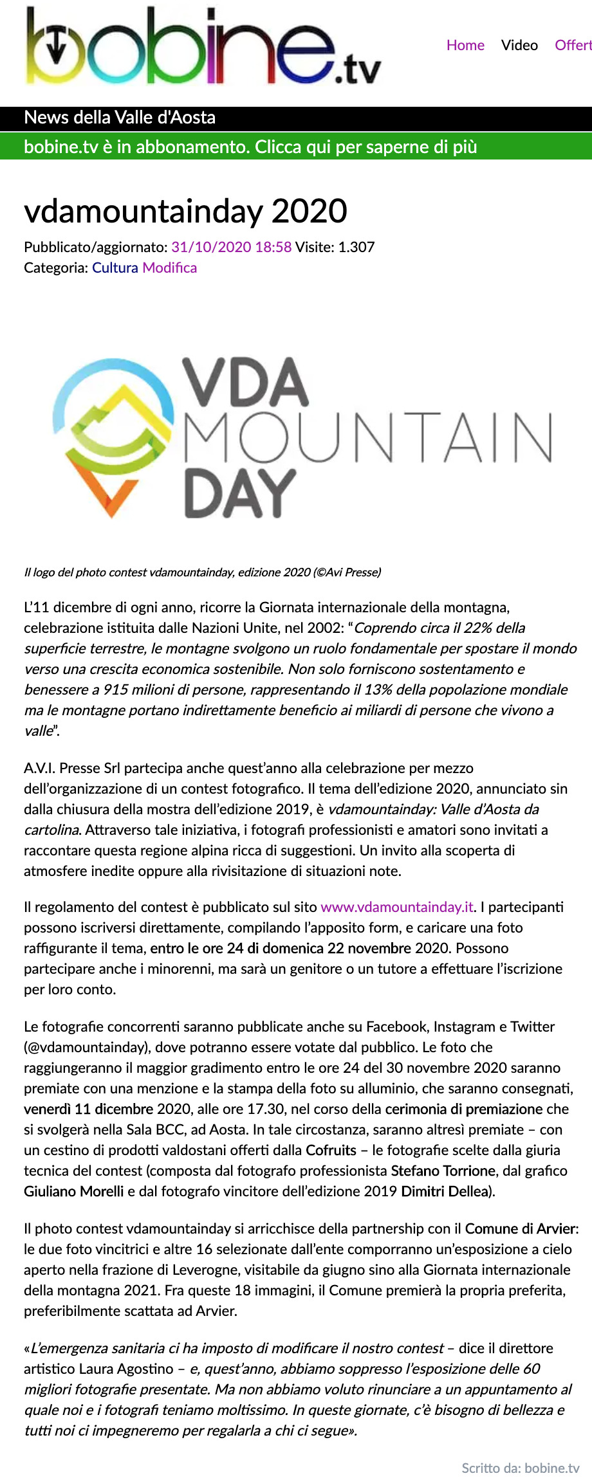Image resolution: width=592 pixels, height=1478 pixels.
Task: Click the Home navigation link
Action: coord(465,45)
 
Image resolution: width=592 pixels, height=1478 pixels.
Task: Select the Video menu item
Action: coord(519,45)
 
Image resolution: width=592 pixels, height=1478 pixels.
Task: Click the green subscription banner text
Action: coord(250,147)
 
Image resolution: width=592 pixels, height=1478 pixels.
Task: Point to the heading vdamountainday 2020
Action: coord(185,211)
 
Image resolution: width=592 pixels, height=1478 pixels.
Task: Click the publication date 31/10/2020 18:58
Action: coord(231,247)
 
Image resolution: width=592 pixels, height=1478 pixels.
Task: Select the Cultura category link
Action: coord(115,268)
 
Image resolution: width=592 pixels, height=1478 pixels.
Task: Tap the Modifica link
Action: coord(169,268)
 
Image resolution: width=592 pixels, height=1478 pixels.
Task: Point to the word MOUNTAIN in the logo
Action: coord(368,437)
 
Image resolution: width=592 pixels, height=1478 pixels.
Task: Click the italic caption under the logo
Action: coord(202,572)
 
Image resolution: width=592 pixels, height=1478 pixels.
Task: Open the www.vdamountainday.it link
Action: coord(397,907)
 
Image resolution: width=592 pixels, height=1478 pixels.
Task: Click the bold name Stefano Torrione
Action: coord(443,1171)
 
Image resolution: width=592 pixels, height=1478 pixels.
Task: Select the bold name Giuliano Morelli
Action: coord(73,1191)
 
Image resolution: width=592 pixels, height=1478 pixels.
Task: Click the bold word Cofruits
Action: coord(331,1150)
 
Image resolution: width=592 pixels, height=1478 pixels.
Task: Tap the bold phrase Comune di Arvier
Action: coord(520,1228)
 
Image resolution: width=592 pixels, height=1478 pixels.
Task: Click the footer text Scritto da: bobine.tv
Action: coord(520,1468)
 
